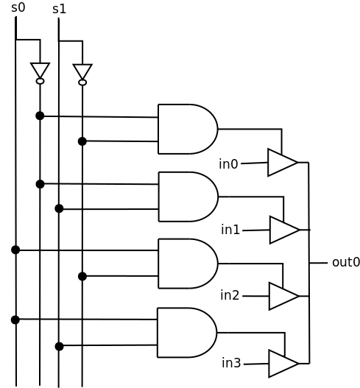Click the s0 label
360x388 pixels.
pos(18,7)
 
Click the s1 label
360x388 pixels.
pos(59,9)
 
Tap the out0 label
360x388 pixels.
pos(346,262)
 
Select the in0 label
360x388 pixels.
pos(228,164)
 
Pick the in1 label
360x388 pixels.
pos(230,230)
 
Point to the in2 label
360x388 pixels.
pos(230,295)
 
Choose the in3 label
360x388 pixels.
pos(231,363)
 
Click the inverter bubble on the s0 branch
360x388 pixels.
pos(40,81)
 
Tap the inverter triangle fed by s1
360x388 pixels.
pos(82,71)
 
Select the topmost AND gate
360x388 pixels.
pos(188,129)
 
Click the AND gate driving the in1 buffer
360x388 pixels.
pos(188,197)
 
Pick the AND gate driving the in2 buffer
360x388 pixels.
pos(188,264)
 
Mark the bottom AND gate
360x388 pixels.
pos(187,333)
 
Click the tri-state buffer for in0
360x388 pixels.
pos(283,163)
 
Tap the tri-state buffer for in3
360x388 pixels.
pos(283,364)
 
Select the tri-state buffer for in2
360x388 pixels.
pos(284,296)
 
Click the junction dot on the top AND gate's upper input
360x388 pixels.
pos(40,116)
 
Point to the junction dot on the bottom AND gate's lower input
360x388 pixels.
pos(59,347)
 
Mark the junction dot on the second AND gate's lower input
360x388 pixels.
pos(59,208)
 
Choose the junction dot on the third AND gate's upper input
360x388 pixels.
pos(15,250)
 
